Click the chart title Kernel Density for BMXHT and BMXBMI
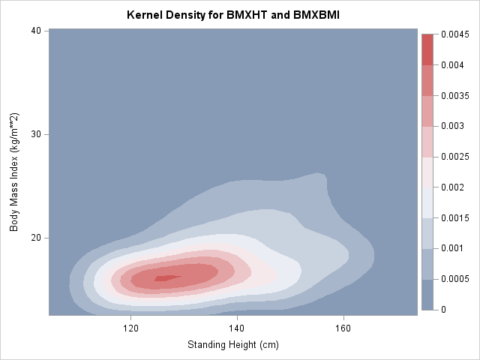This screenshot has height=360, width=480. click(x=233, y=14)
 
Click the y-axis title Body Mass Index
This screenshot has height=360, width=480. click(x=14, y=172)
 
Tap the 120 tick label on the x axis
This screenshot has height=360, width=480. click(x=130, y=328)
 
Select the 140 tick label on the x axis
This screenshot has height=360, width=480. click(x=237, y=328)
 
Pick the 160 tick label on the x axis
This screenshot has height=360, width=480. click(x=343, y=328)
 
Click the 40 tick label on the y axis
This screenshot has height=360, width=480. click(x=35, y=31)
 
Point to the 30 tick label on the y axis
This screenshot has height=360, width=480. click(x=35, y=134)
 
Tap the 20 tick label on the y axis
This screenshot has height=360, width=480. click(x=35, y=238)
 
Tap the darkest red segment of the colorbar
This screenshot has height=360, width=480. click(x=427, y=49)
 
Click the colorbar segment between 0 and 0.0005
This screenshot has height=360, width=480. click(x=427, y=294)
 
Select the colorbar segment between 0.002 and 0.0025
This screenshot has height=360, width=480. click(x=427, y=172)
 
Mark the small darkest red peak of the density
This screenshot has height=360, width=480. click(x=166, y=277)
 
